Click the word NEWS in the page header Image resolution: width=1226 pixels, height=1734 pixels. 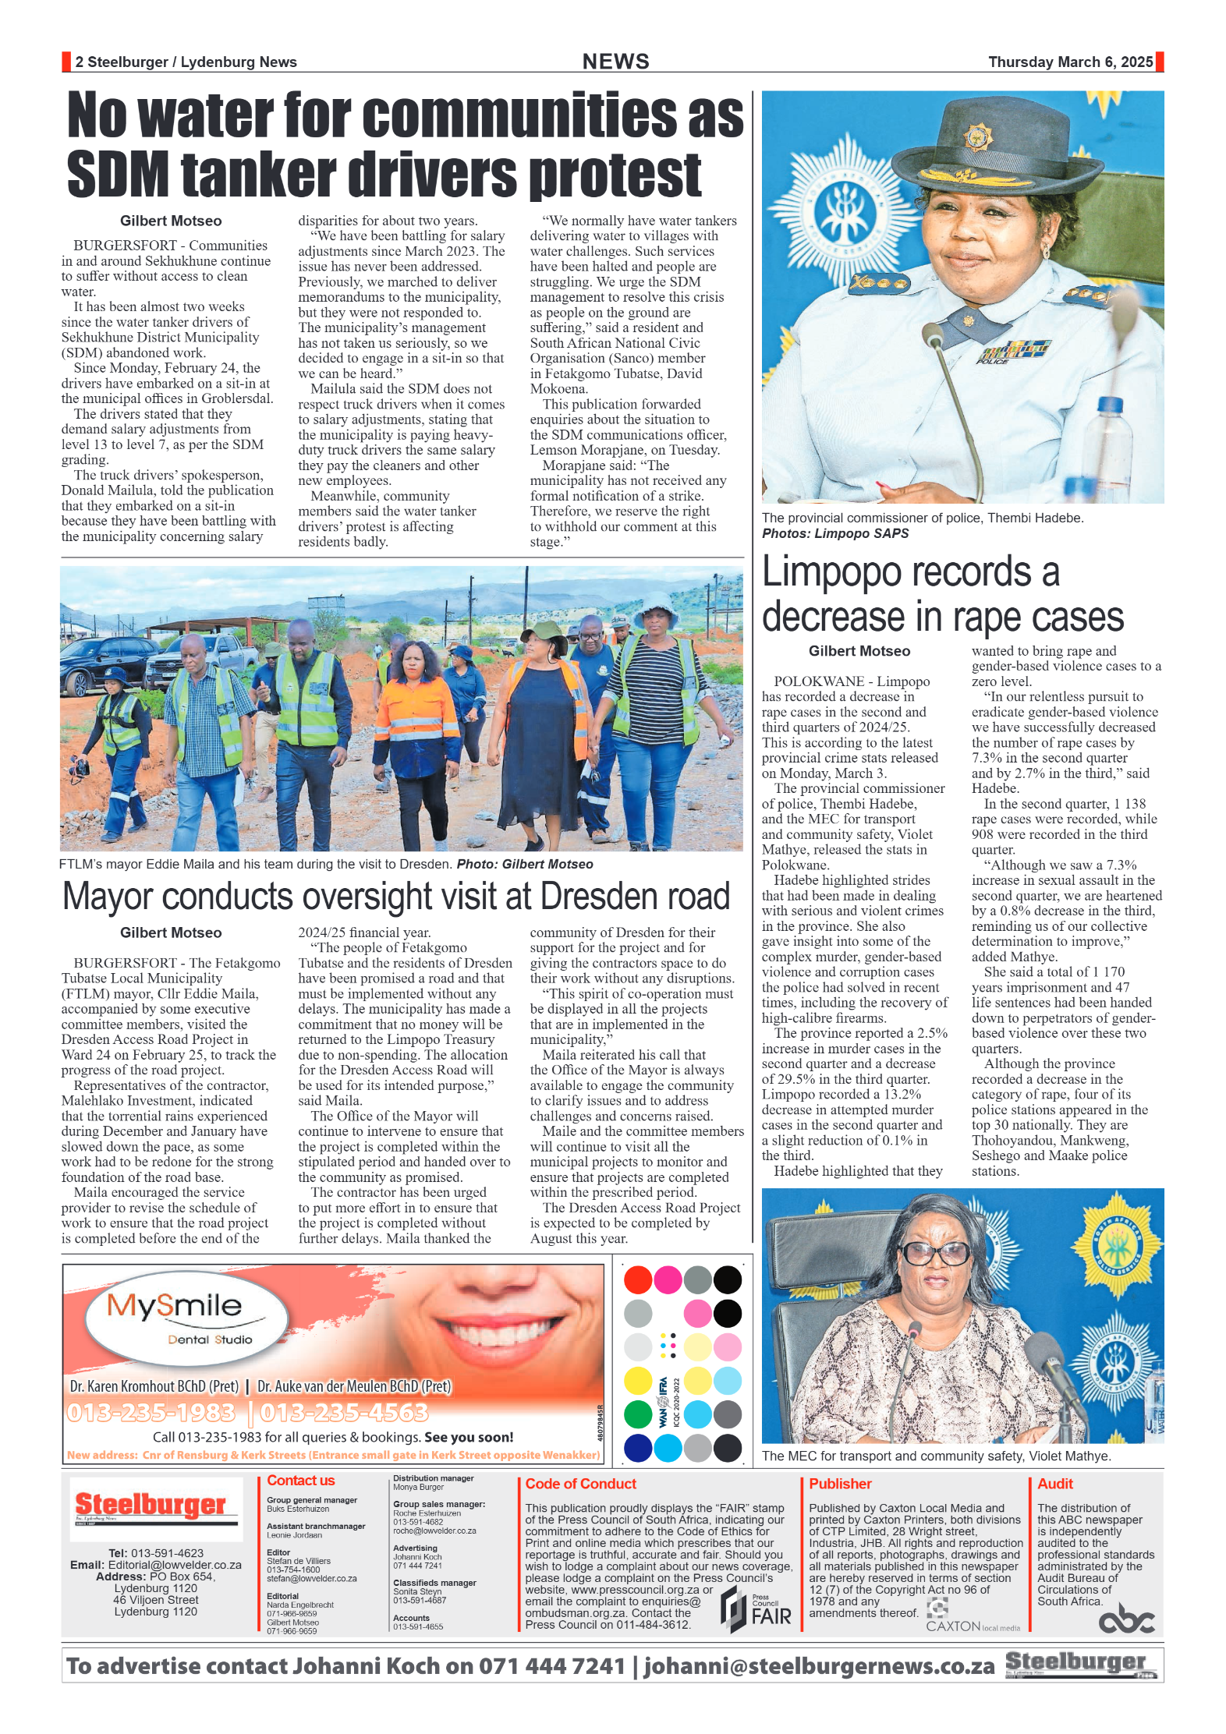point(615,62)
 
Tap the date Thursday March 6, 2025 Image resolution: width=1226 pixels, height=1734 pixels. point(1070,62)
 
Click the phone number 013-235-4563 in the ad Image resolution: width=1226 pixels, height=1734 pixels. point(344,1412)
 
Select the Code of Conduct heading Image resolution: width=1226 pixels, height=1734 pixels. point(580,1484)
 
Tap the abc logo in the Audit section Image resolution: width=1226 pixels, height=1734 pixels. point(1125,1620)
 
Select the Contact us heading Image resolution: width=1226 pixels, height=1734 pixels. point(300,1481)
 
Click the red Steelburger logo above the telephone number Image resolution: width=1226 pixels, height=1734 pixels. point(151,1505)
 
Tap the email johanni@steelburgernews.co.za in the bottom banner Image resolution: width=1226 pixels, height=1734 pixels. point(819,1666)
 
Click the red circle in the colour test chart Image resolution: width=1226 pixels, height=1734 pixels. point(638,1279)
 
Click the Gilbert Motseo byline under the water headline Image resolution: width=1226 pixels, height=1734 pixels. point(171,221)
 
